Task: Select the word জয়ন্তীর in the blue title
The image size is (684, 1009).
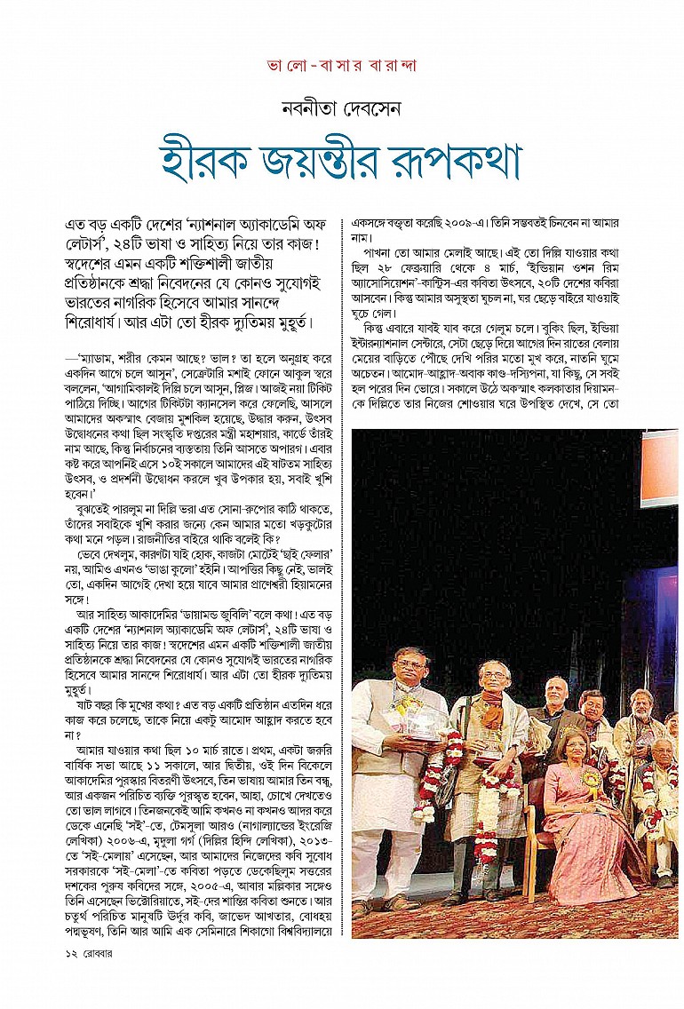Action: click(x=335, y=161)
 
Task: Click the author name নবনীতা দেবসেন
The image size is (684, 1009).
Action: click(x=342, y=111)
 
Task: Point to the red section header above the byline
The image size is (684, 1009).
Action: click(x=342, y=66)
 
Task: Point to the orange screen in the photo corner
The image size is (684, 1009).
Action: click(x=659, y=467)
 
